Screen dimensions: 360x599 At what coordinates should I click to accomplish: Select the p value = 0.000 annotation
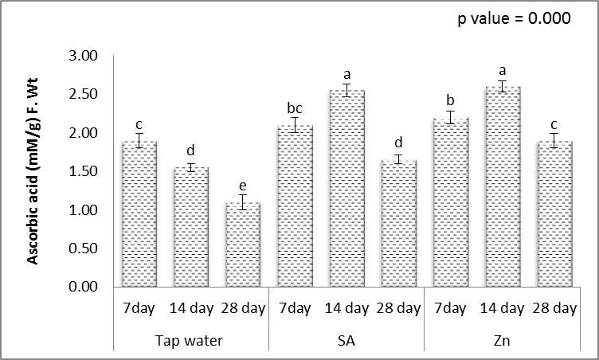click(514, 20)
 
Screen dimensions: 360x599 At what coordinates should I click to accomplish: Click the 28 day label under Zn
click(554, 308)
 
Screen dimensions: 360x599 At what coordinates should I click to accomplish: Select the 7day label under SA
click(295, 308)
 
